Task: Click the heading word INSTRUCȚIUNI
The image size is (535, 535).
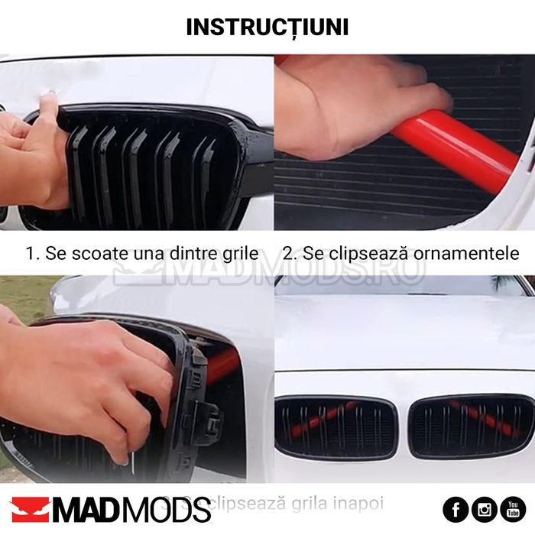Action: tap(267, 26)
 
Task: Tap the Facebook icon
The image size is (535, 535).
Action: tap(456, 509)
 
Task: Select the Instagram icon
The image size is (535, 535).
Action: tap(485, 509)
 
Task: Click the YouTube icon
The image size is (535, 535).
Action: tap(513, 509)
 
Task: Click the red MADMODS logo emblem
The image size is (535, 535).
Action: tap(30, 510)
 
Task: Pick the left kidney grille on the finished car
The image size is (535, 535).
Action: tap(336, 427)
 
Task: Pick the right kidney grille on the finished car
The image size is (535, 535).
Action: tap(471, 426)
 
